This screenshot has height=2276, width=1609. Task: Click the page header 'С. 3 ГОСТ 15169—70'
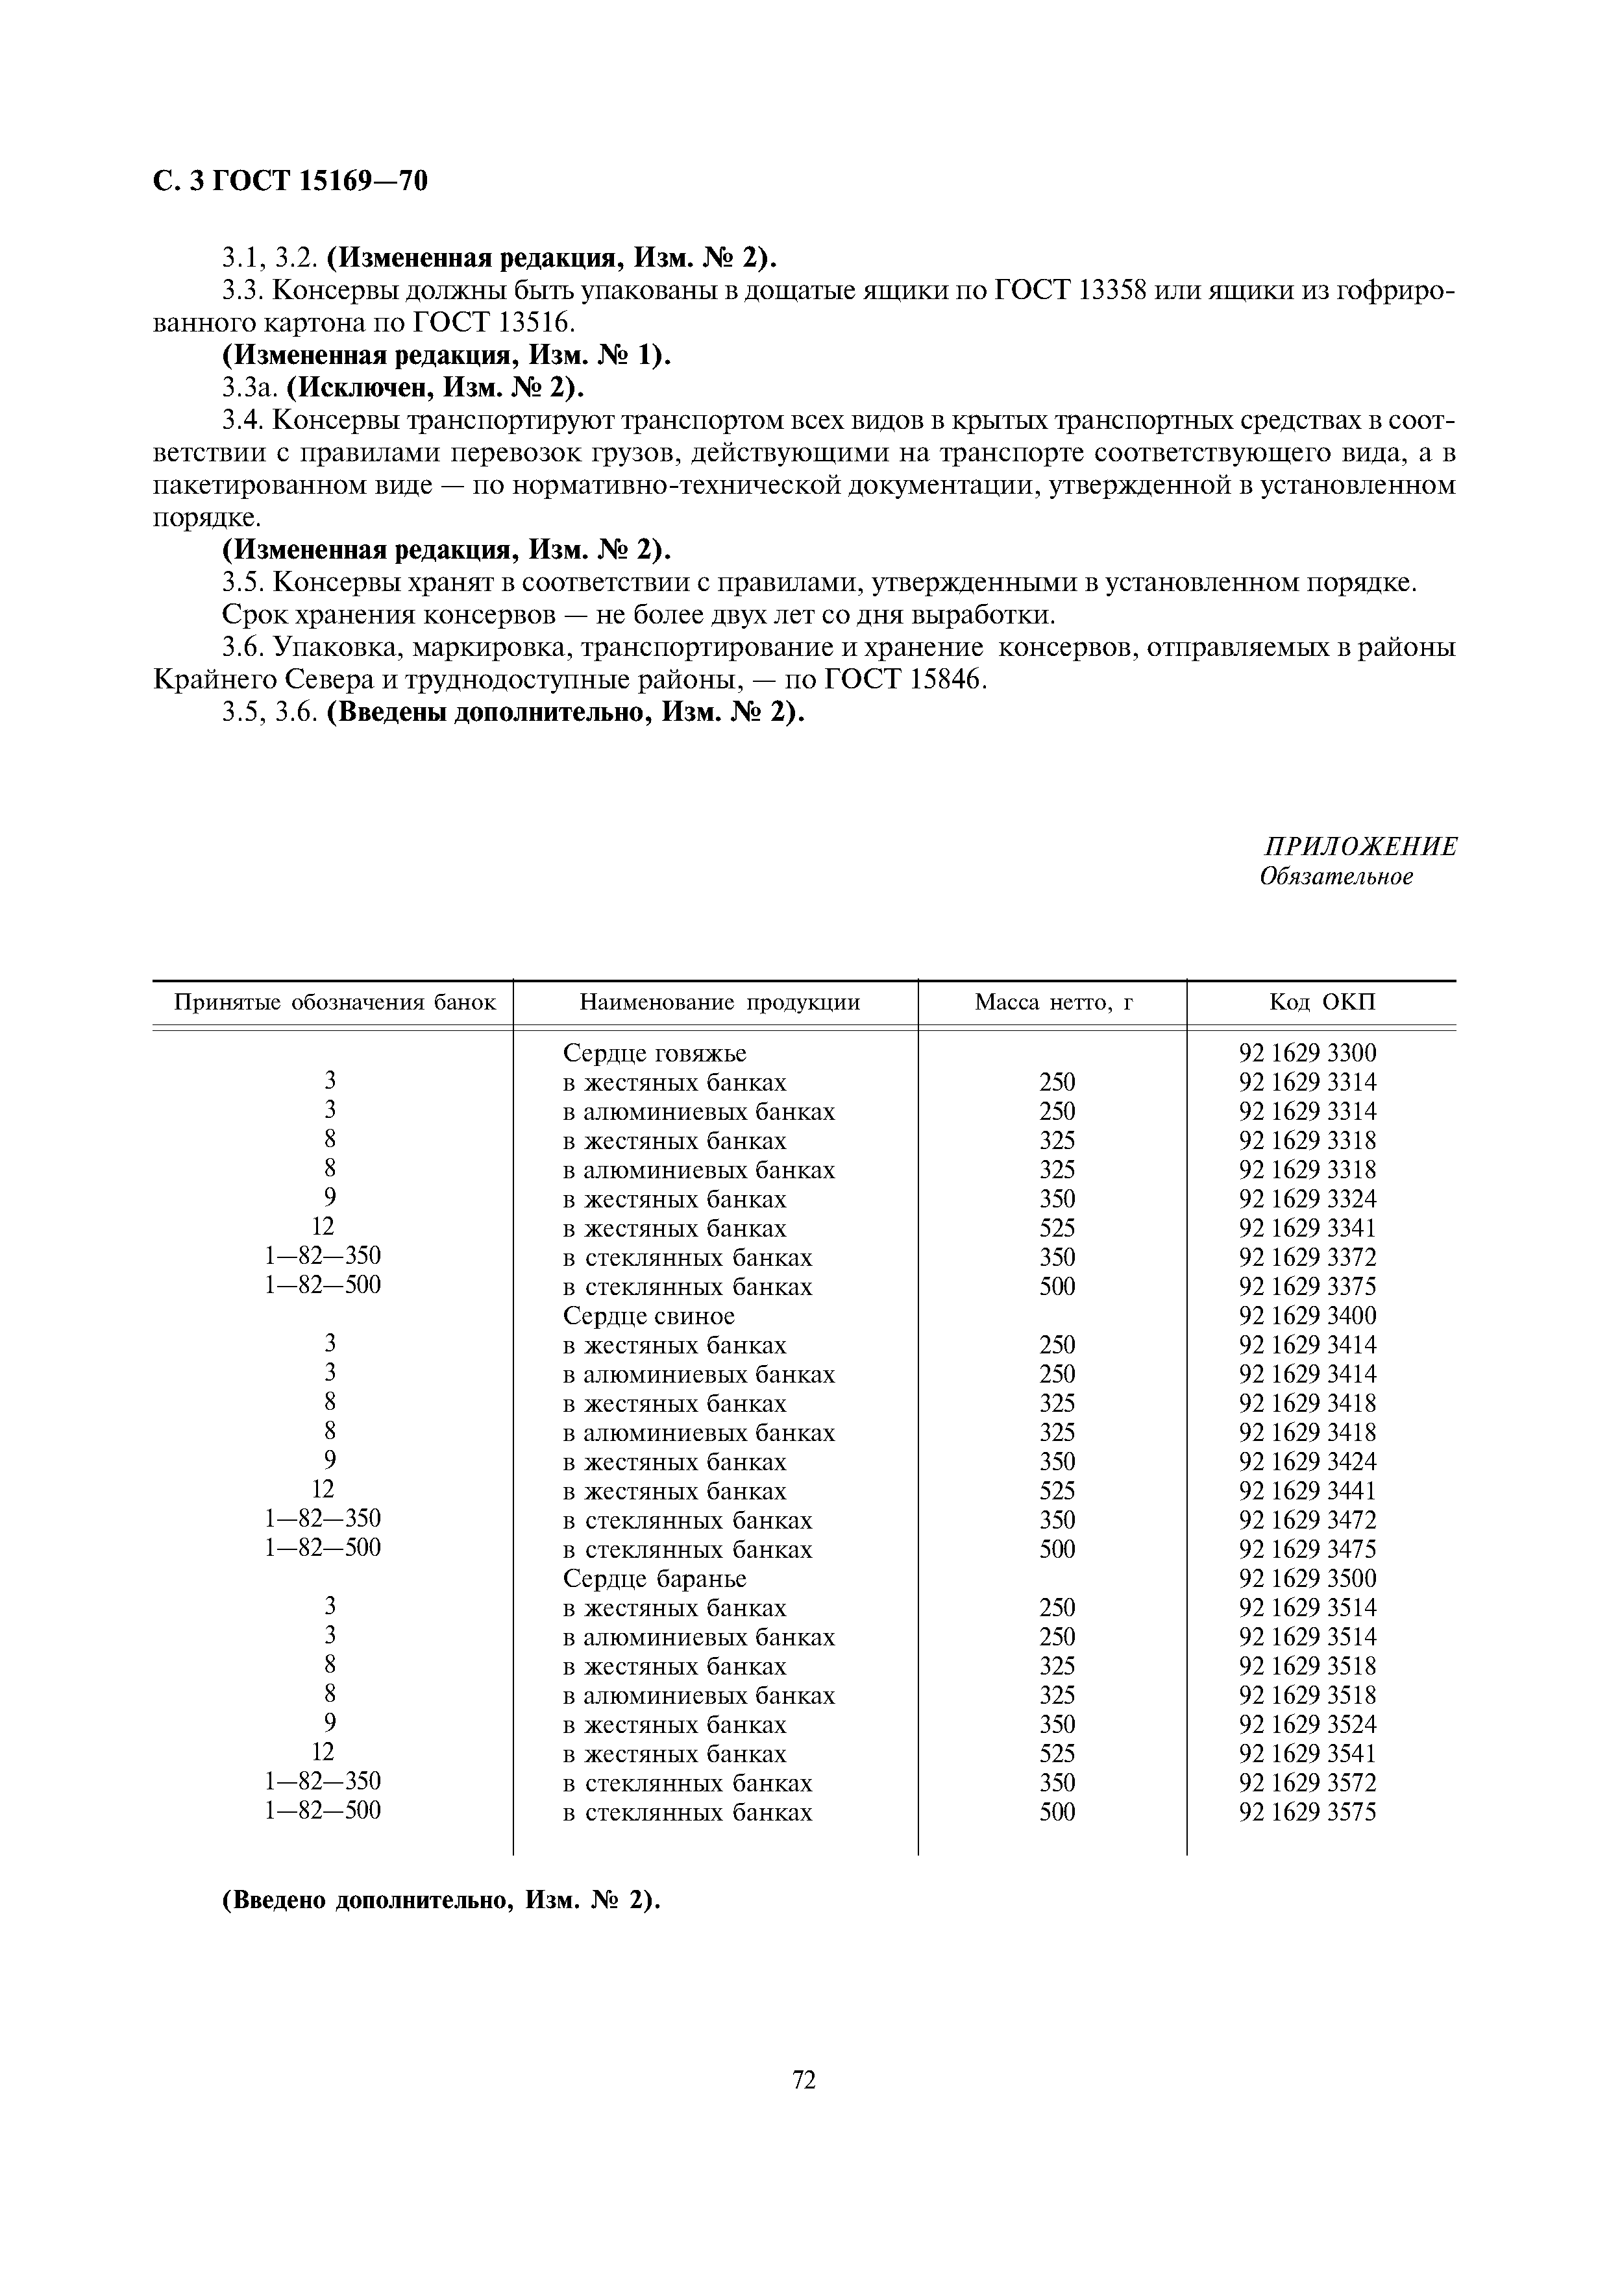click(291, 182)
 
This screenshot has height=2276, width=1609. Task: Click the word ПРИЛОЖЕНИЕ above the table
click(1360, 845)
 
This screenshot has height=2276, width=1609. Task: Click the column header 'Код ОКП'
click(1323, 1002)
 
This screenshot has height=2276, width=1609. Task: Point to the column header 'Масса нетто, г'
click(1053, 1002)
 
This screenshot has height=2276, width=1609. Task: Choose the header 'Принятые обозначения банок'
click(334, 1002)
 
